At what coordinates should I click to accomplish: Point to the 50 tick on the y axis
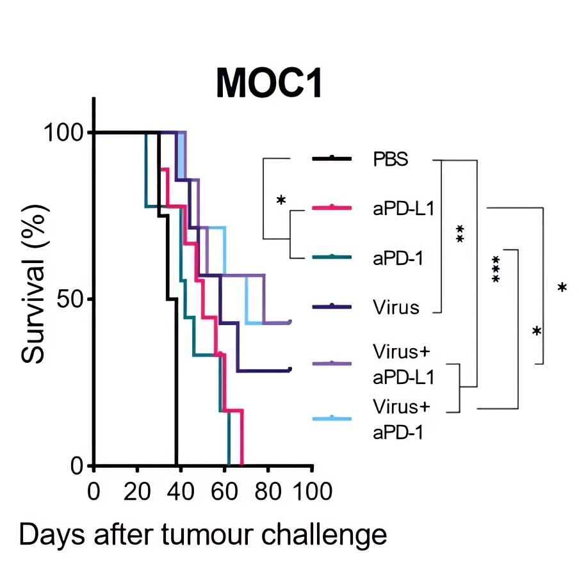(69, 299)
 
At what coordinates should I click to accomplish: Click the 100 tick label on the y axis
(63, 132)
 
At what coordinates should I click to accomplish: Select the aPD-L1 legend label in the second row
(404, 208)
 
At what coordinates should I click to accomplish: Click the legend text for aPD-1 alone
(398, 257)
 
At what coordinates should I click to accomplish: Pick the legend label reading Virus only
(396, 307)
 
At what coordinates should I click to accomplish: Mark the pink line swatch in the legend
(332, 207)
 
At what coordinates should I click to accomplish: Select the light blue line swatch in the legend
(332, 419)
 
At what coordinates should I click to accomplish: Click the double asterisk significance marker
(459, 234)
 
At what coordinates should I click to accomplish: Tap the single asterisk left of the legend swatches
(281, 200)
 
